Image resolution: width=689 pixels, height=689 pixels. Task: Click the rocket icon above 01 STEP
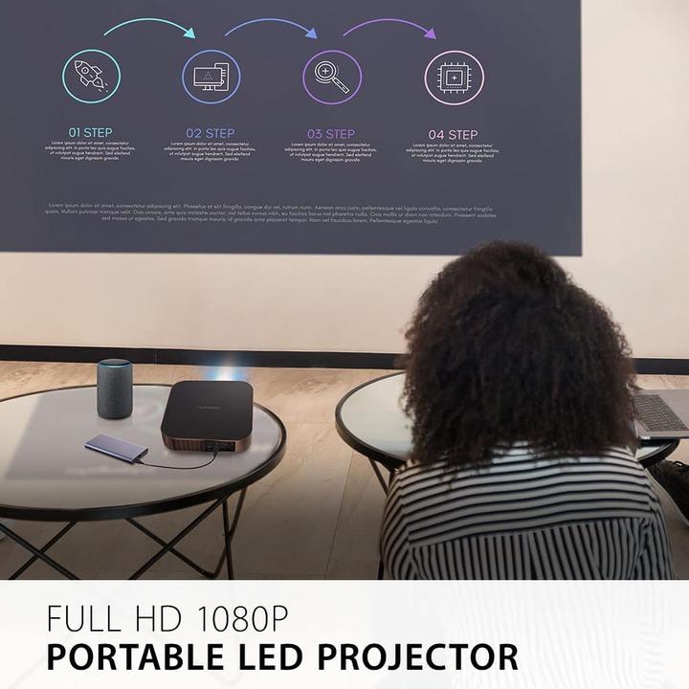pos(91,77)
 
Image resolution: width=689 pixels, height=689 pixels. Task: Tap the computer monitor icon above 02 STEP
pos(211,77)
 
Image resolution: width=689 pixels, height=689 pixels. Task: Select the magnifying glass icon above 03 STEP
pos(332,77)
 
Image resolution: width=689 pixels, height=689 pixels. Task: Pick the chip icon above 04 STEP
pos(454,77)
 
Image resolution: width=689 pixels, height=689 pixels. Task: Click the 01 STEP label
pos(90,133)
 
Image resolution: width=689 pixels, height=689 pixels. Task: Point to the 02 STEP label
pos(211,133)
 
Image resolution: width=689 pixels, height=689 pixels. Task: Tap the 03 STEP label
pos(331,134)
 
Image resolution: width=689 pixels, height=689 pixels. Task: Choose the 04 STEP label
pos(453,134)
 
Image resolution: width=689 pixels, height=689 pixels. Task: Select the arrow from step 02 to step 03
pos(271,26)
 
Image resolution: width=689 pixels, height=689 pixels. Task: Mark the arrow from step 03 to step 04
pos(389,26)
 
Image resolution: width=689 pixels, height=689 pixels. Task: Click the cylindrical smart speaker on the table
pos(114,388)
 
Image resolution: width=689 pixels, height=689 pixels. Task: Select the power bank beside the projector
pos(116,448)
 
